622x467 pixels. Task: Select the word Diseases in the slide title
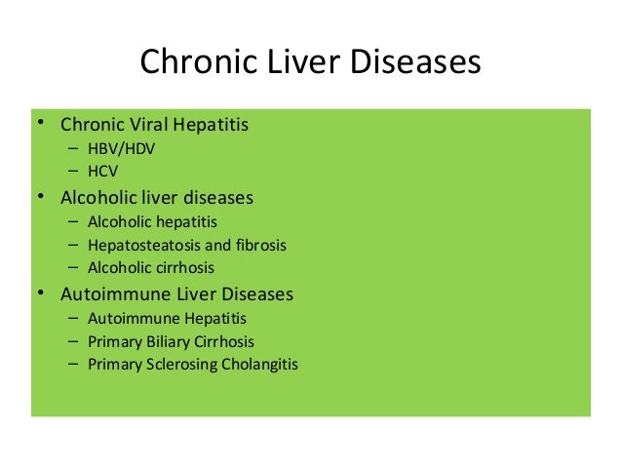(414, 62)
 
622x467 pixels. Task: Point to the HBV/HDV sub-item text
(121, 149)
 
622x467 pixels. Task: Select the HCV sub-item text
(103, 172)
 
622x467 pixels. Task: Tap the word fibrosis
(258, 245)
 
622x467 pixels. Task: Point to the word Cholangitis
(263, 366)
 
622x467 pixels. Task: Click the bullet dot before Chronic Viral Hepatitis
(40, 124)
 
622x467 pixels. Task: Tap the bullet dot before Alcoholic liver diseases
(40, 197)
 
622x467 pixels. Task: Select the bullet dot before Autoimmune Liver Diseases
(40, 292)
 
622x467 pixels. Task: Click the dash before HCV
(74, 172)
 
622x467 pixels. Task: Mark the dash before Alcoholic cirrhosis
(74, 267)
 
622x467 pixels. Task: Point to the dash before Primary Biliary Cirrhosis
(74, 342)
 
